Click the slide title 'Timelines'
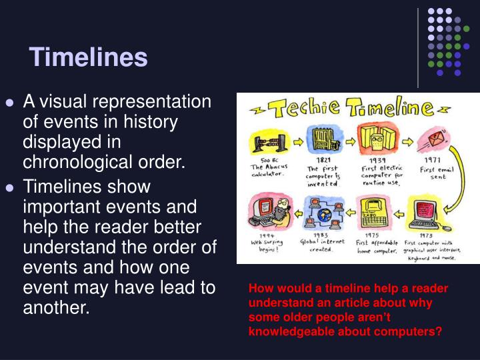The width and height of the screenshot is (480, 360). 88,57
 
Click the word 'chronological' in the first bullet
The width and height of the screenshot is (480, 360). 74,162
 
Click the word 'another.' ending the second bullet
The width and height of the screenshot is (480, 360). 55,308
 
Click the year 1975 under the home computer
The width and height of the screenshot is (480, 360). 372,235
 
